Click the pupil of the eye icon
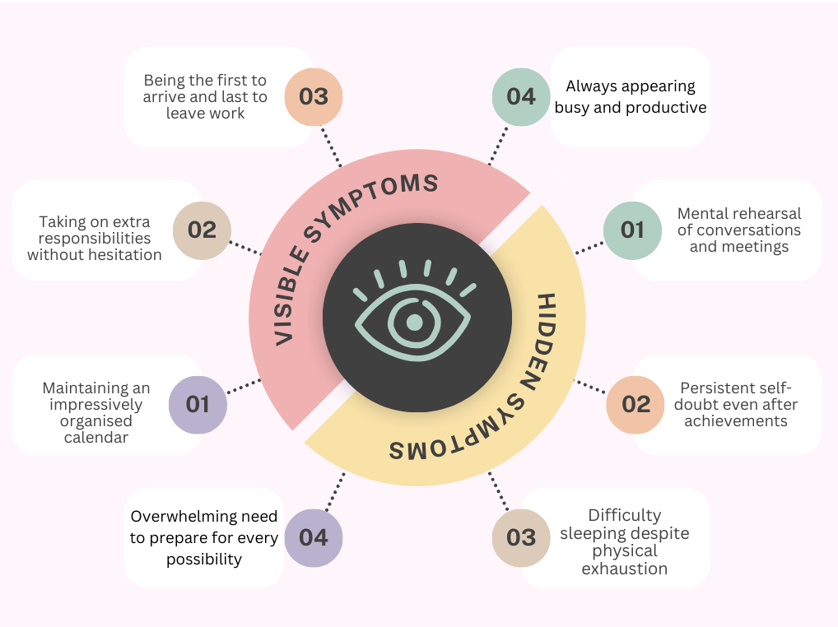414,321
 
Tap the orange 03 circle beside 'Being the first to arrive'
314,96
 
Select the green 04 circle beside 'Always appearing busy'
521,96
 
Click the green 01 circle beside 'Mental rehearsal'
632,230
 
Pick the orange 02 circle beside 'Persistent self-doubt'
635,405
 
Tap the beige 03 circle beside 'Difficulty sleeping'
521,538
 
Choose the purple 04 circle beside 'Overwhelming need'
314,538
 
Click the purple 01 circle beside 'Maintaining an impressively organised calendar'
198,405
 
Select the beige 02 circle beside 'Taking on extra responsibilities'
202,230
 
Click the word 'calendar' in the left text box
96,438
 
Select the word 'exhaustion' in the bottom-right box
624,569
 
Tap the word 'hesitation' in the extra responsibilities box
121,255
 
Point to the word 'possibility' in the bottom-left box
204,560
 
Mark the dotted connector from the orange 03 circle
330,146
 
